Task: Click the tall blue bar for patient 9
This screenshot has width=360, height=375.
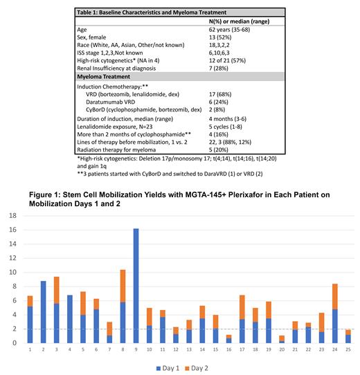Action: pos(136,286)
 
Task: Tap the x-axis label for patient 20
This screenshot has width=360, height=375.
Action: pos(281,351)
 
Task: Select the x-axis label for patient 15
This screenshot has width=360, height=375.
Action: pos(215,351)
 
